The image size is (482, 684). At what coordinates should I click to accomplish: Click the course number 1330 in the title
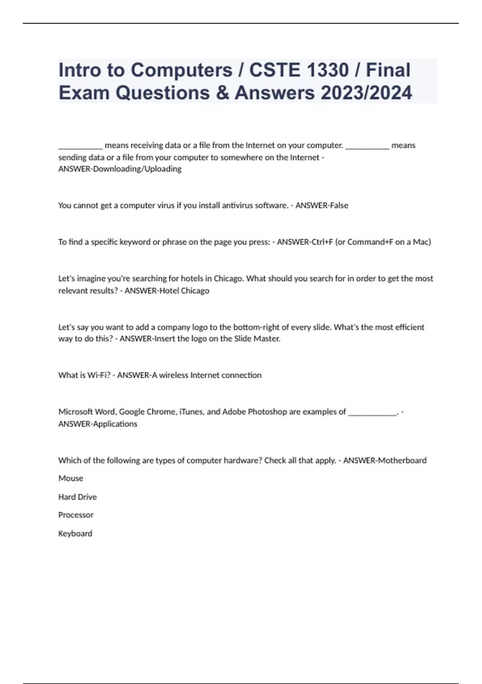coord(327,70)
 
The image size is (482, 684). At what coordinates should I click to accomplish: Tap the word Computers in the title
coord(182,70)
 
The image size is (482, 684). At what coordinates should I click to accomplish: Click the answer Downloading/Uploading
coord(137,169)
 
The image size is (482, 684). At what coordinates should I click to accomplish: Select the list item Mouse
coord(71,478)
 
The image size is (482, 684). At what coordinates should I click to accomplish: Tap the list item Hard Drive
coord(78,497)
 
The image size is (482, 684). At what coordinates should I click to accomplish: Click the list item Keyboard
coord(75,534)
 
